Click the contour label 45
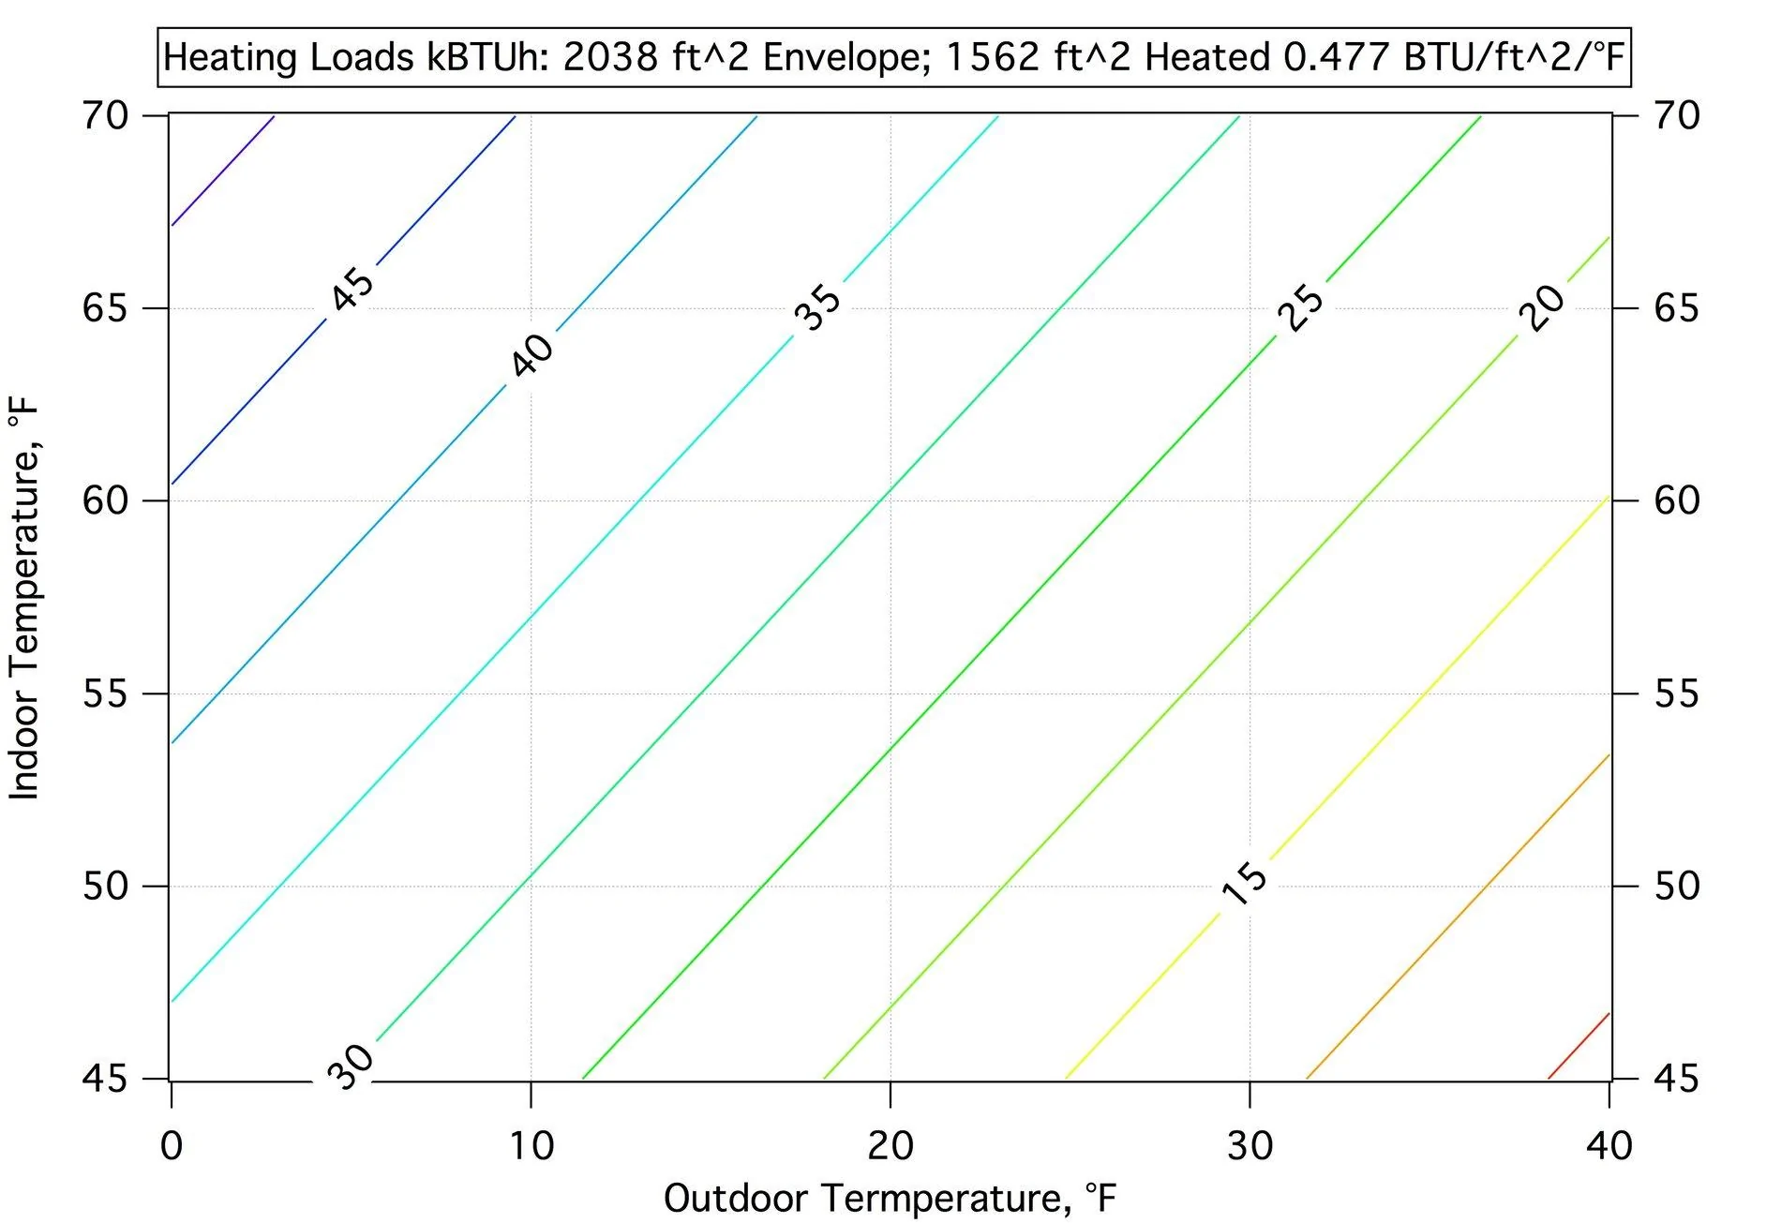click(352, 288)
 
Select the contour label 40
click(531, 355)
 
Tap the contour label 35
click(817, 308)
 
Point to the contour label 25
click(1301, 306)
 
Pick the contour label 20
click(1542, 307)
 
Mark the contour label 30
click(351, 1066)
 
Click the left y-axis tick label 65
click(105, 308)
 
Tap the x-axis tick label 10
click(531, 1146)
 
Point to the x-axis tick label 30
click(1250, 1146)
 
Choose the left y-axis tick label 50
click(105, 887)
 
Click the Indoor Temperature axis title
click(25, 598)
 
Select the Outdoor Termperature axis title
click(890, 1199)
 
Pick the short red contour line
click(1579, 1046)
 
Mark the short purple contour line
click(222, 171)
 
